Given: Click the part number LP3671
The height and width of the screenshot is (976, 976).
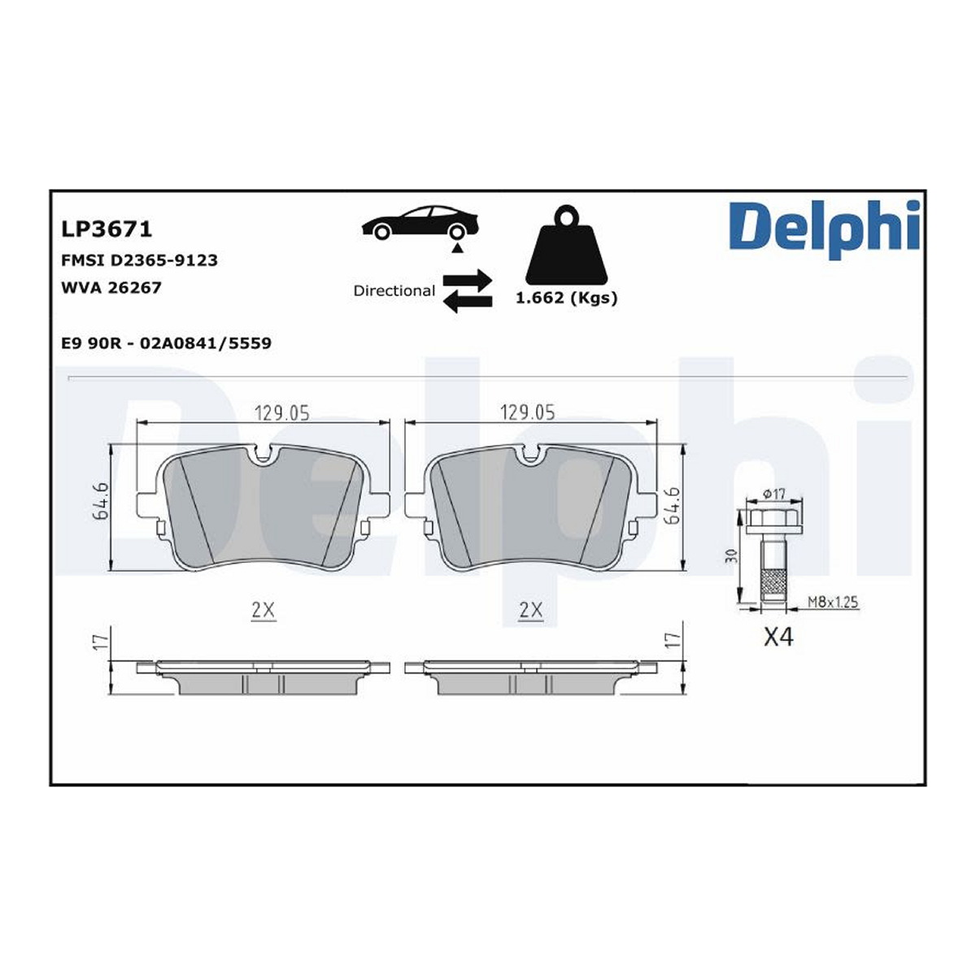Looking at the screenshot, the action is pos(107,229).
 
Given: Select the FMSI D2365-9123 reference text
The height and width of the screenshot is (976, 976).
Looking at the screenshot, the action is pos(139,260).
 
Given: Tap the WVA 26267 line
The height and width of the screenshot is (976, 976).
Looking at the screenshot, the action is pos(111,288).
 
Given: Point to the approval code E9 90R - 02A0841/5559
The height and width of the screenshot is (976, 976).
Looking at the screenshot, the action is pos(166,343).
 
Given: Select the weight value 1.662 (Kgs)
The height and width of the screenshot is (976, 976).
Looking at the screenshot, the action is pos(566,298).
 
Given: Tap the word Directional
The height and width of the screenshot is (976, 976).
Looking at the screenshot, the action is pos(394,290).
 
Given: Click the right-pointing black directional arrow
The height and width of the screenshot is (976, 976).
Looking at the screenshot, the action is pos(467,280).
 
